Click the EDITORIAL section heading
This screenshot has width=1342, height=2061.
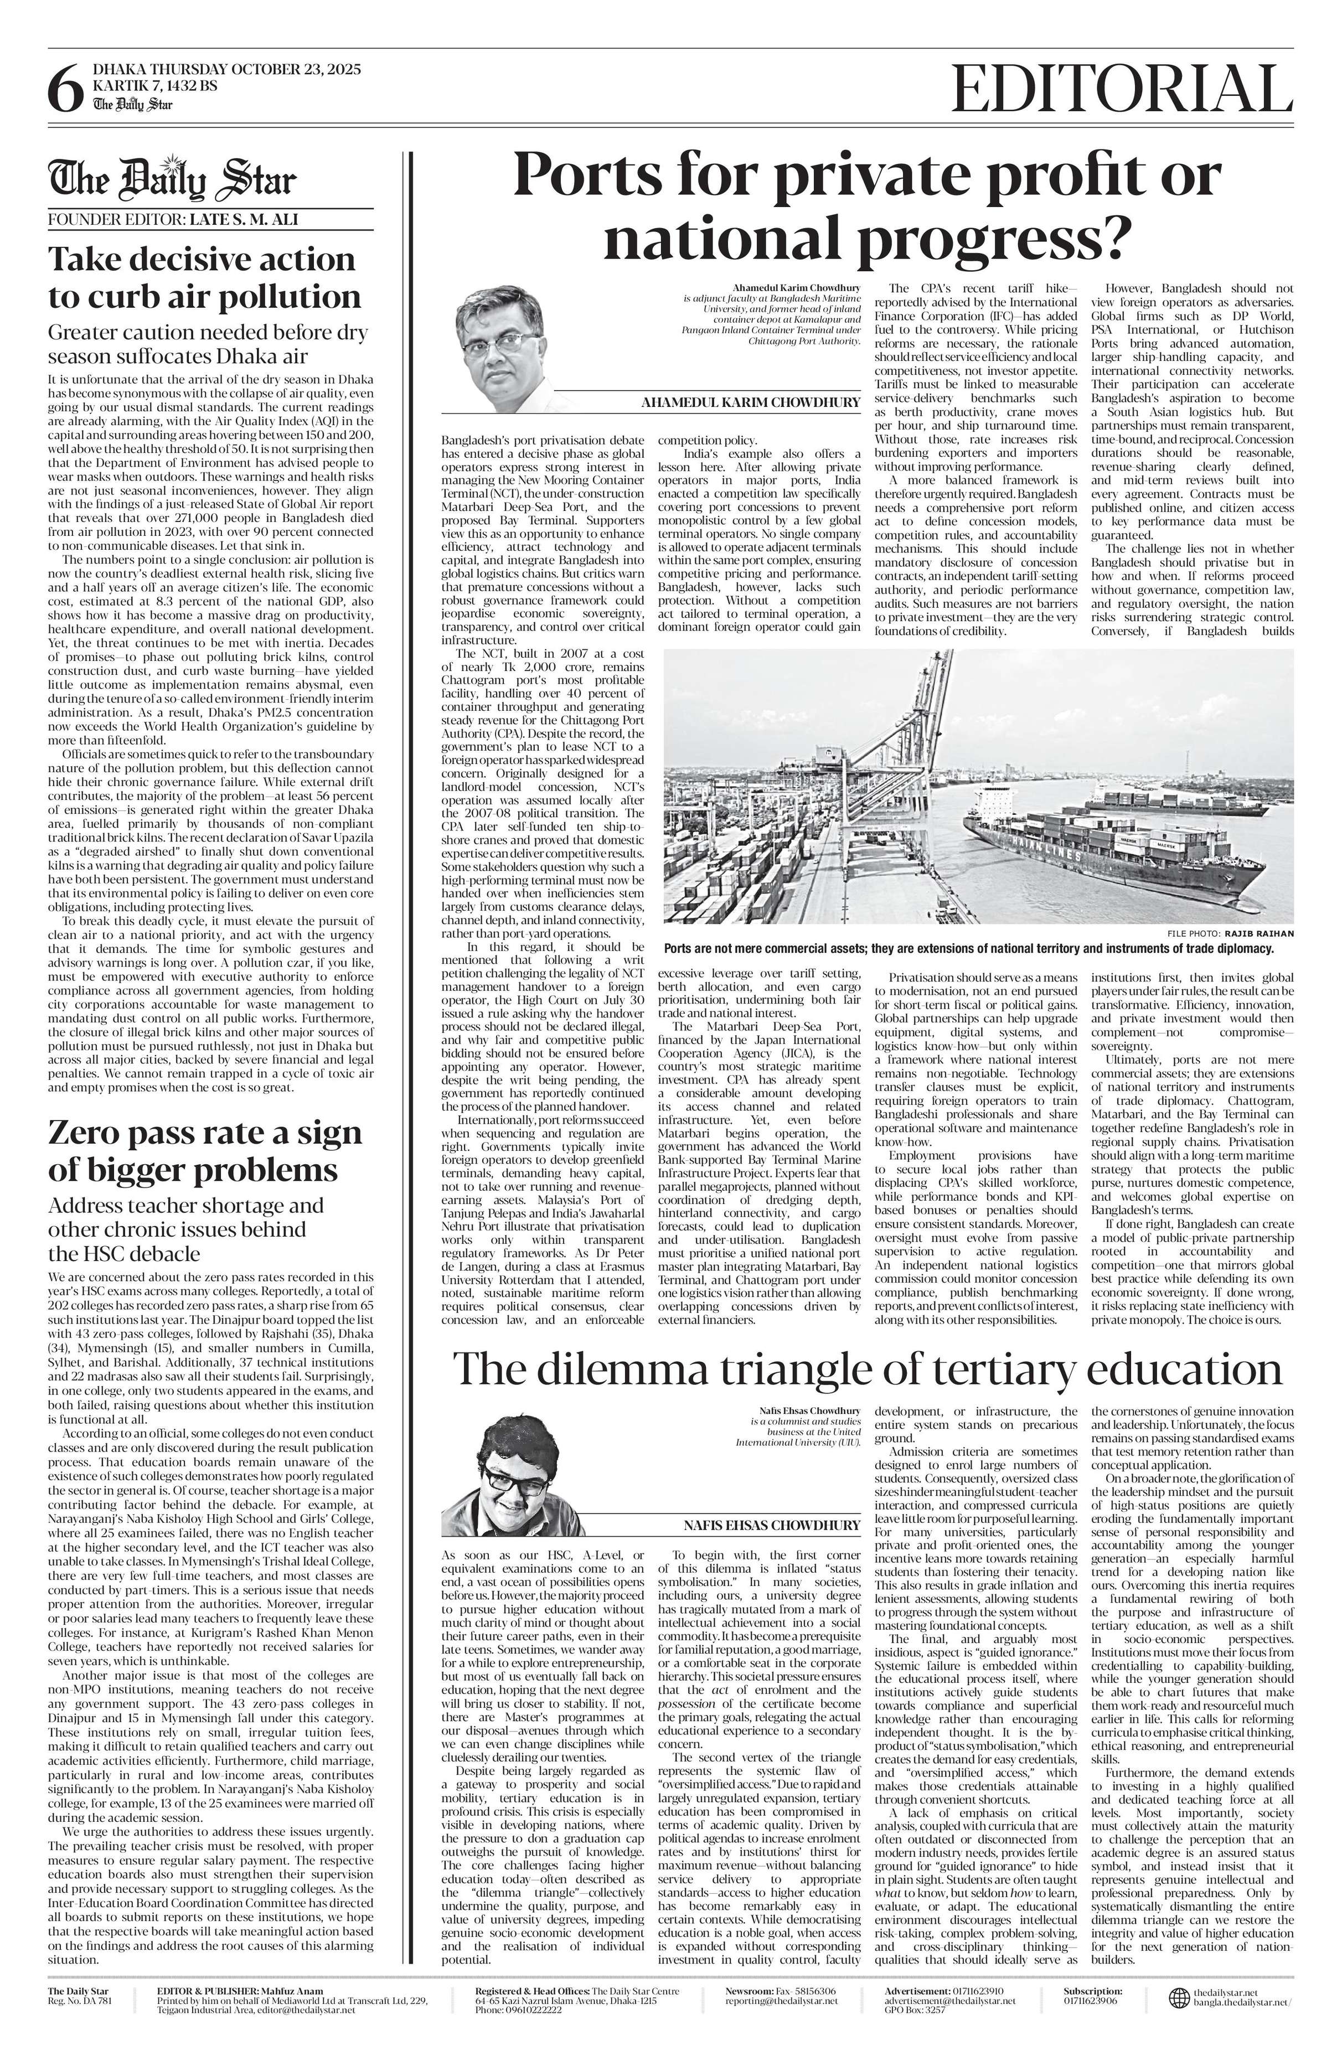(x=1117, y=89)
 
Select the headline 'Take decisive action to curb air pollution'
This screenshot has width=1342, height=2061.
(x=204, y=278)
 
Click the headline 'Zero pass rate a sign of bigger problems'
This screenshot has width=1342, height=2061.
(x=205, y=1151)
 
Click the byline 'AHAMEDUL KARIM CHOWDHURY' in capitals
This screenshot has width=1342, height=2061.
(x=751, y=402)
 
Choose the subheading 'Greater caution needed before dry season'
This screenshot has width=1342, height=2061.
(x=208, y=344)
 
